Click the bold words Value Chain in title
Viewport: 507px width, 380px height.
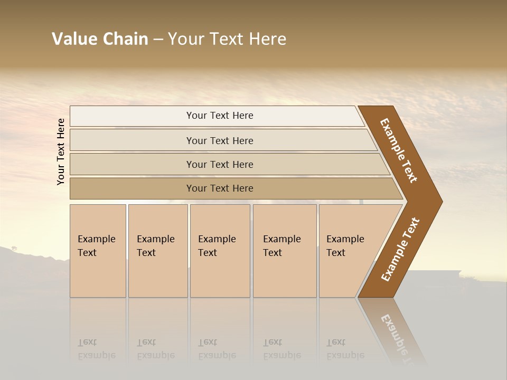pyautogui.click(x=100, y=39)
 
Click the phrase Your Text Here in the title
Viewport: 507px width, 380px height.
pyautogui.click(x=227, y=39)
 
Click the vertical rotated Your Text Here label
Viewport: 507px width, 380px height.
pyautogui.click(x=61, y=151)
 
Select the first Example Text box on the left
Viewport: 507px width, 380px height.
pyautogui.click(x=98, y=251)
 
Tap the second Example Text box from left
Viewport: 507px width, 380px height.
pyautogui.click(x=157, y=251)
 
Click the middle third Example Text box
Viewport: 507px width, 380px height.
pyautogui.click(x=220, y=251)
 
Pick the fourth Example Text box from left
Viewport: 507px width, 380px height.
pyautogui.click(x=284, y=251)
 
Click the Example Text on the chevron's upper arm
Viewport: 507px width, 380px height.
pyautogui.click(x=399, y=150)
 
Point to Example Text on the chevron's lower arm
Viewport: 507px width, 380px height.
pyautogui.click(x=400, y=250)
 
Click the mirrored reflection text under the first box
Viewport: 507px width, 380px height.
pyautogui.click(x=96, y=349)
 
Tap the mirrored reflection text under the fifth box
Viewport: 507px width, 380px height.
pyautogui.click(x=345, y=349)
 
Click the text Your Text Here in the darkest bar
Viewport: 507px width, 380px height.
pyautogui.click(x=220, y=188)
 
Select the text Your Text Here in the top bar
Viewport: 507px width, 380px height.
pyautogui.click(x=220, y=116)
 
